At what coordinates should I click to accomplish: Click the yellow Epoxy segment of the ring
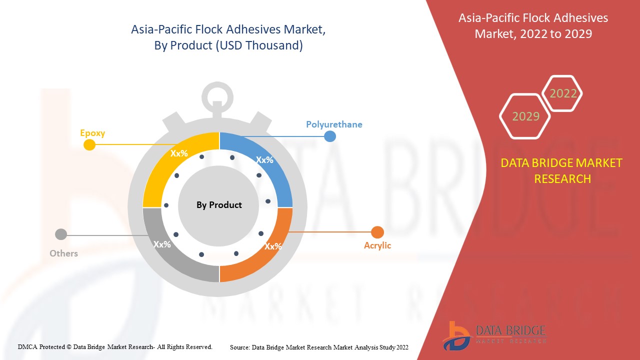(x=160, y=171)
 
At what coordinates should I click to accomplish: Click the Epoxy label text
(x=92, y=133)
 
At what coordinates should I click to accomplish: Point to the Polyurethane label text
(x=334, y=124)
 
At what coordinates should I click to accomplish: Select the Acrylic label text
(x=377, y=245)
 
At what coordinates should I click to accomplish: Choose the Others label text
(x=63, y=253)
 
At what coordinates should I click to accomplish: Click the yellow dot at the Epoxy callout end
(x=89, y=145)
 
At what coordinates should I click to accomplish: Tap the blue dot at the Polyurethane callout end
(x=330, y=136)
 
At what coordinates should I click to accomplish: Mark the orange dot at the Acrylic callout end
(x=377, y=232)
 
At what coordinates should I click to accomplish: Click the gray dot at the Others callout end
(x=61, y=234)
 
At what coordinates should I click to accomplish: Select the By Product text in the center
(x=219, y=205)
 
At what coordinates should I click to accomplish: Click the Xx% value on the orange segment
(x=273, y=246)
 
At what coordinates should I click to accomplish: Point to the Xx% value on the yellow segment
(x=179, y=153)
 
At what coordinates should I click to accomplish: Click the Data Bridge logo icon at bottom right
(x=457, y=336)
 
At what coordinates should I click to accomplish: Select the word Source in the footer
(x=240, y=347)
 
